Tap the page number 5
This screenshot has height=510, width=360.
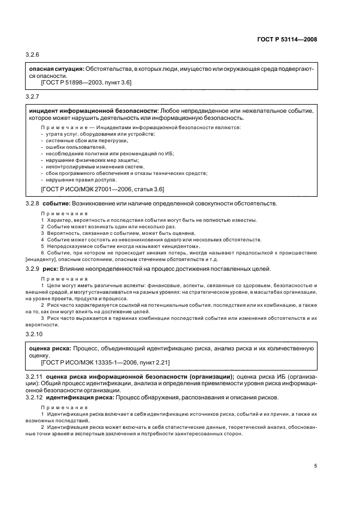coord(315,465)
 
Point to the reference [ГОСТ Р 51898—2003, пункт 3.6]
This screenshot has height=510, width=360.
coord(86,82)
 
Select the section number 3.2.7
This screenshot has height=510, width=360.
coord(33,96)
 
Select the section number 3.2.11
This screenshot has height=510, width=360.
coord(34,377)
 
